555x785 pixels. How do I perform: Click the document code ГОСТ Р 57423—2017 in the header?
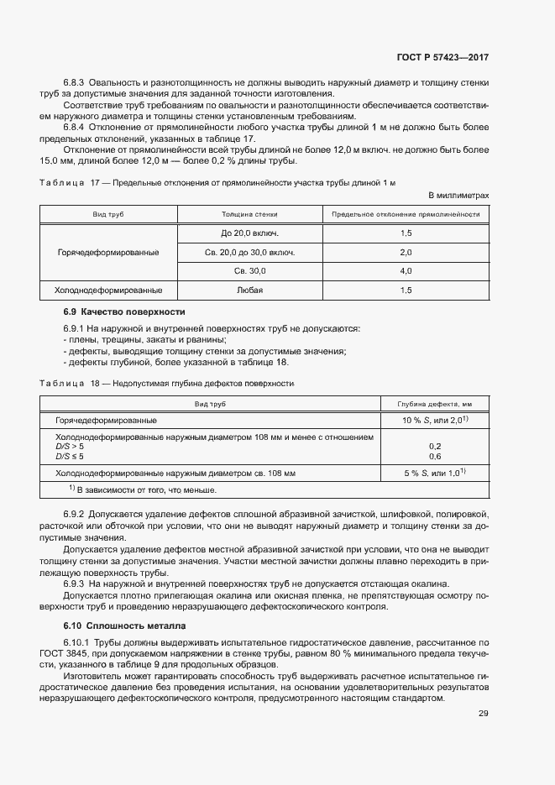pos(442,57)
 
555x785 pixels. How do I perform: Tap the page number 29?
pos(483,714)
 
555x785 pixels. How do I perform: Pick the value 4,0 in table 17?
pos(406,271)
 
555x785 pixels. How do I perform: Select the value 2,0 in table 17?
pos(406,252)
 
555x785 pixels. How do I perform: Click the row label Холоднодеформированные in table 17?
pos(108,290)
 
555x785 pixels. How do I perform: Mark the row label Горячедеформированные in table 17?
pos(108,252)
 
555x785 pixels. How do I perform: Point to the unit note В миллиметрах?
pos(458,195)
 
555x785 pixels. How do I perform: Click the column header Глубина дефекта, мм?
pos(435,404)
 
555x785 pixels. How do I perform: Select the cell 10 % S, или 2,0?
pos(434,420)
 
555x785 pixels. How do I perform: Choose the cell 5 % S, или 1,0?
pos(434,474)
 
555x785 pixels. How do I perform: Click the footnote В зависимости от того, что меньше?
pos(143,489)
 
